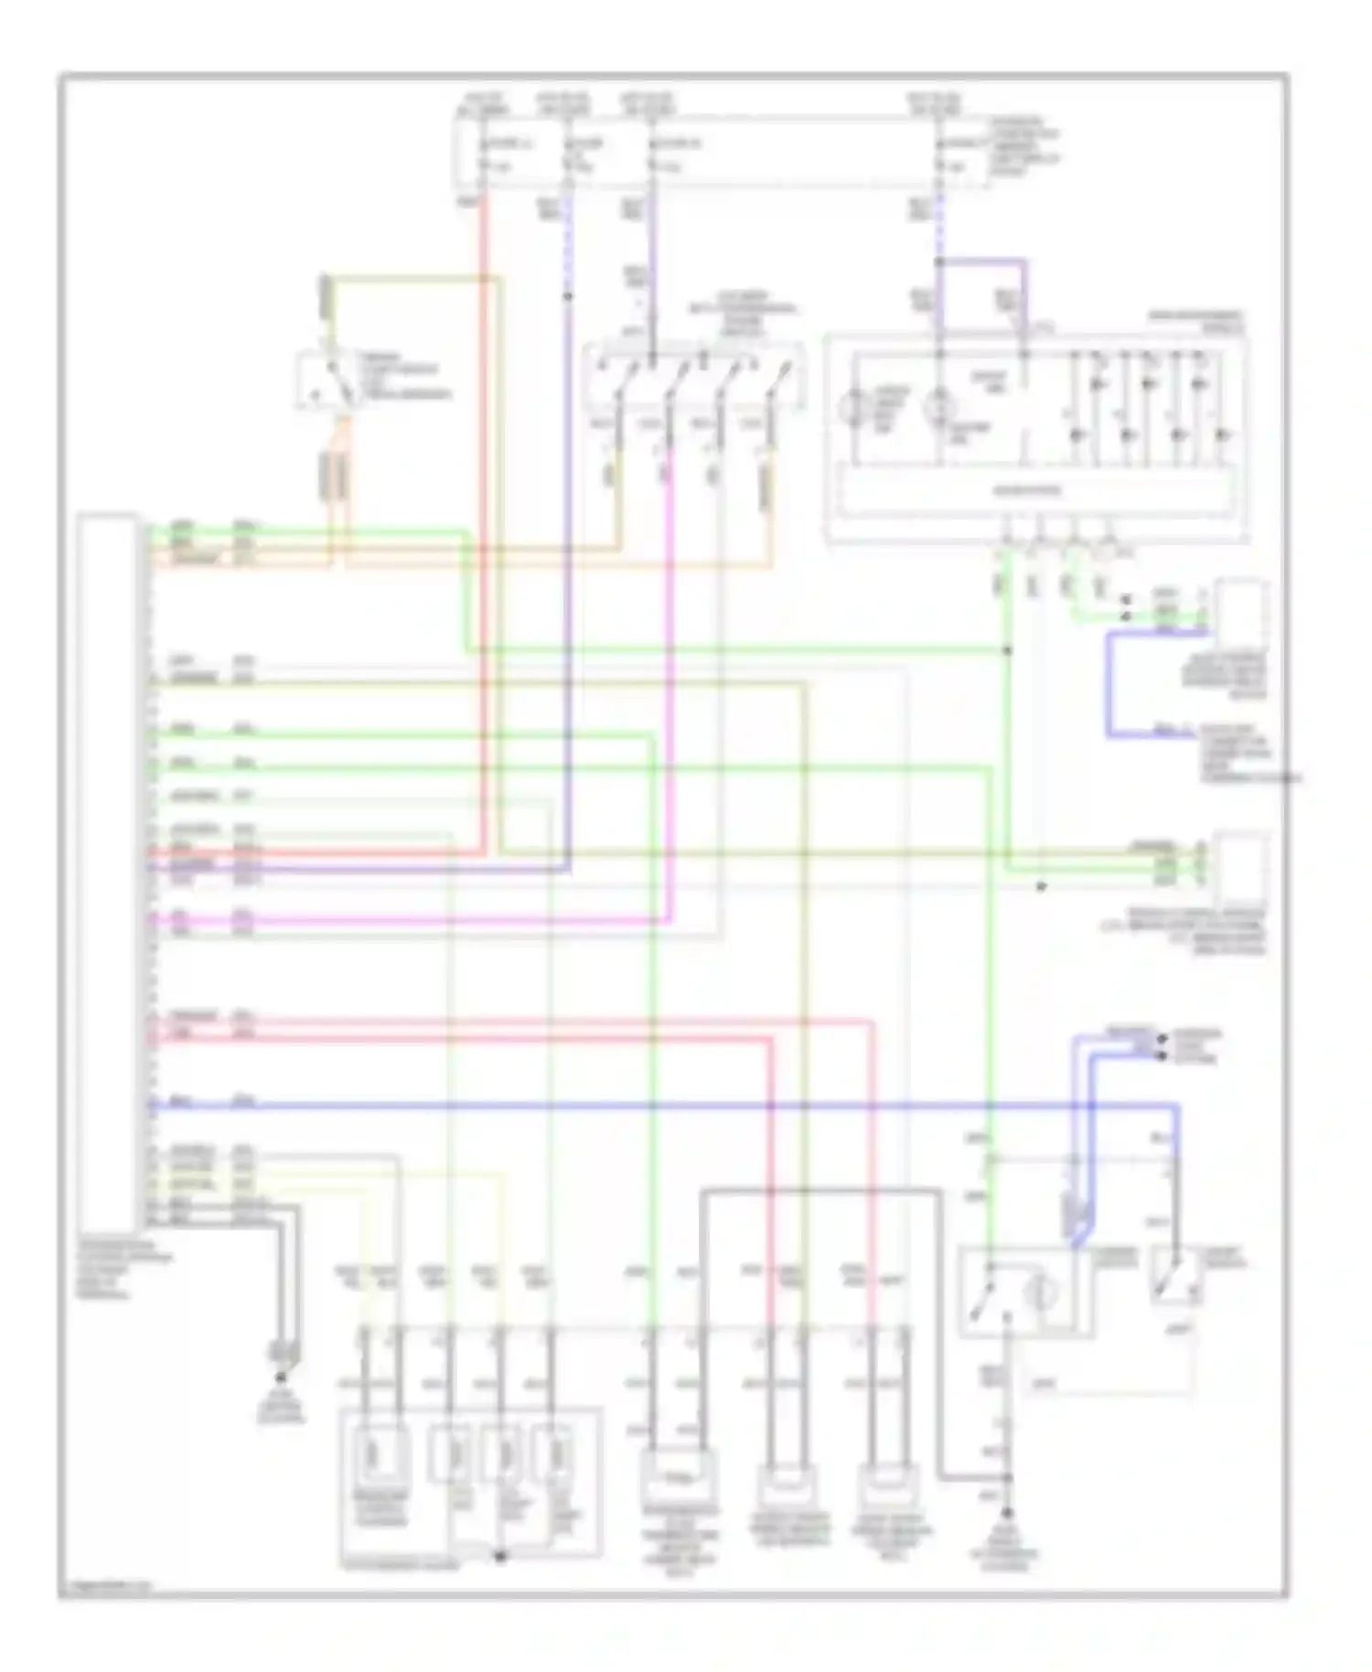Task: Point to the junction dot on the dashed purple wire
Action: [x=567, y=296]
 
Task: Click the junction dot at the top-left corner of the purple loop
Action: [x=939, y=263]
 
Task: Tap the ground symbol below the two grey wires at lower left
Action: [x=280, y=1377]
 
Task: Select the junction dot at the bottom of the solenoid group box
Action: [x=499, y=1556]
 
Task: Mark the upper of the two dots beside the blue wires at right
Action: [x=1162, y=1039]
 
